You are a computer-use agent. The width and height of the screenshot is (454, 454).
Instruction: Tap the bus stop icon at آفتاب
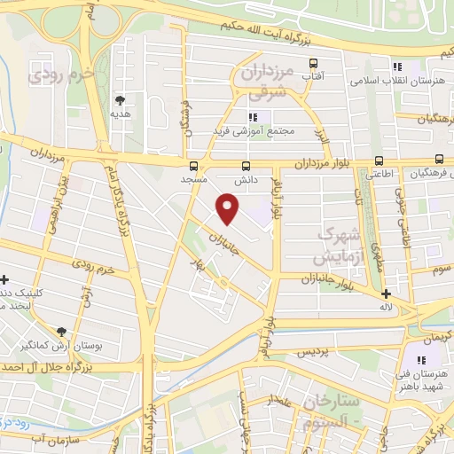(x=312, y=63)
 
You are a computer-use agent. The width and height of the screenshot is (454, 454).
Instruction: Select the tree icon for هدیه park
(x=120, y=99)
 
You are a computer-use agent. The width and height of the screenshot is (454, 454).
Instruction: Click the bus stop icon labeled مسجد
(x=194, y=165)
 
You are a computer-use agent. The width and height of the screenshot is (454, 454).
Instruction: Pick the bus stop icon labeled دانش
(x=246, y=165)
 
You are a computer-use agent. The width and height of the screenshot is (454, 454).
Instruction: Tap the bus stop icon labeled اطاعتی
(x=379, y=161)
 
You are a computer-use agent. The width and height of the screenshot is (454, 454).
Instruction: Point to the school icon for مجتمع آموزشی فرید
(x=253, y=116)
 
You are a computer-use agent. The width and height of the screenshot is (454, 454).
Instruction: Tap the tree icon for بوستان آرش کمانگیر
(x=61, y=331)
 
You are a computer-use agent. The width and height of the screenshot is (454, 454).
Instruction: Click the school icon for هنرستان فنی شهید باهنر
(x=421, y=360)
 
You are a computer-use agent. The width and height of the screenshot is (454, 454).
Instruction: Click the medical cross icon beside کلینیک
(x=4, y=279)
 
